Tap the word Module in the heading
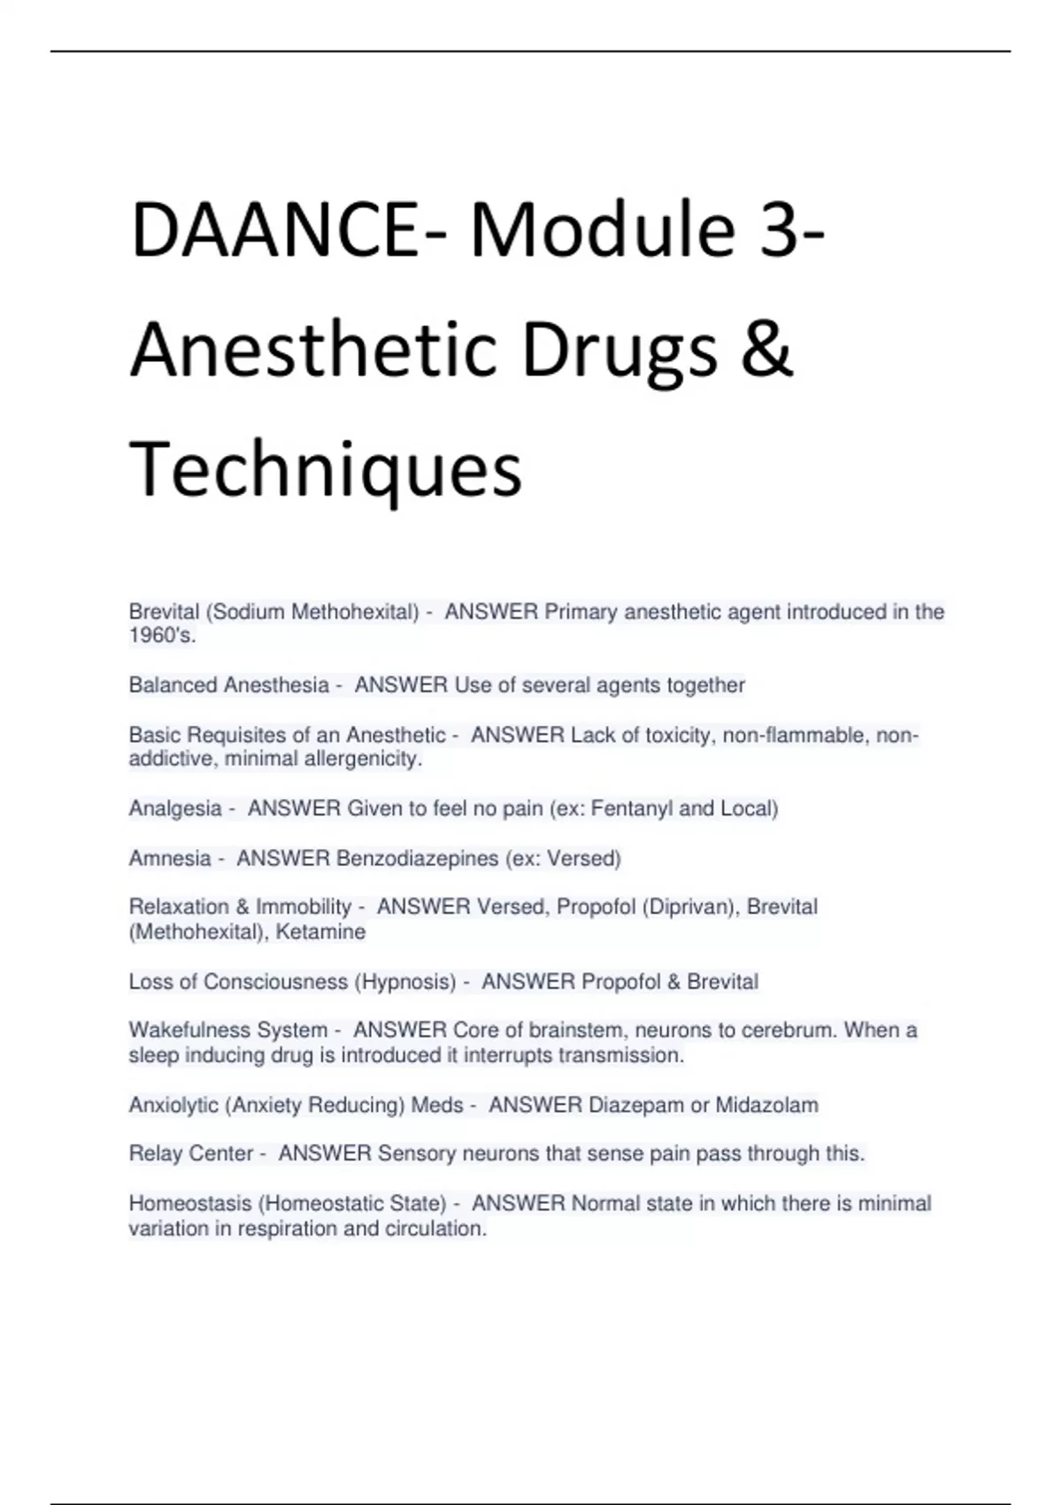[x=603, y=232]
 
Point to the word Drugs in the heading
[x=619, y=351]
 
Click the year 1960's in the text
[x=162, y=636]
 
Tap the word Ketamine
[x=320, y=932]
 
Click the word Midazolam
[x=766, y=1105]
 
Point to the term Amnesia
[x=170, y=858]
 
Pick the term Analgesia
[x=175, y=808]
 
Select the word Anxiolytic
[x=173, y=1105]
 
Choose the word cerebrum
[x=788, y=1030]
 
